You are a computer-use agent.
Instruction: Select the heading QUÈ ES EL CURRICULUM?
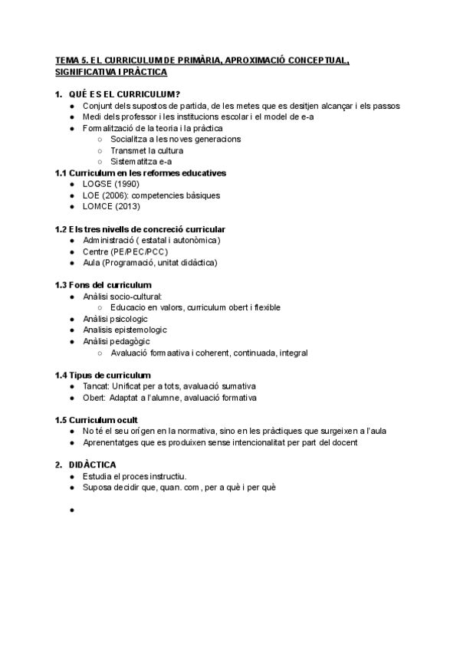[124, 94]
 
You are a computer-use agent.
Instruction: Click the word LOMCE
[97, 206]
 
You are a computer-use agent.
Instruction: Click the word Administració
[113, 241]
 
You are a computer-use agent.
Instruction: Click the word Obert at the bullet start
[95, 397]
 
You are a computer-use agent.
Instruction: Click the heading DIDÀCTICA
[91, 465]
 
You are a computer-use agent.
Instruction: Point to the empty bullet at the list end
[71, 509]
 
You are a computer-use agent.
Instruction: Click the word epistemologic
[124, 330]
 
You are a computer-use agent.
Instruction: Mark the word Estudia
[97, 476]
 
